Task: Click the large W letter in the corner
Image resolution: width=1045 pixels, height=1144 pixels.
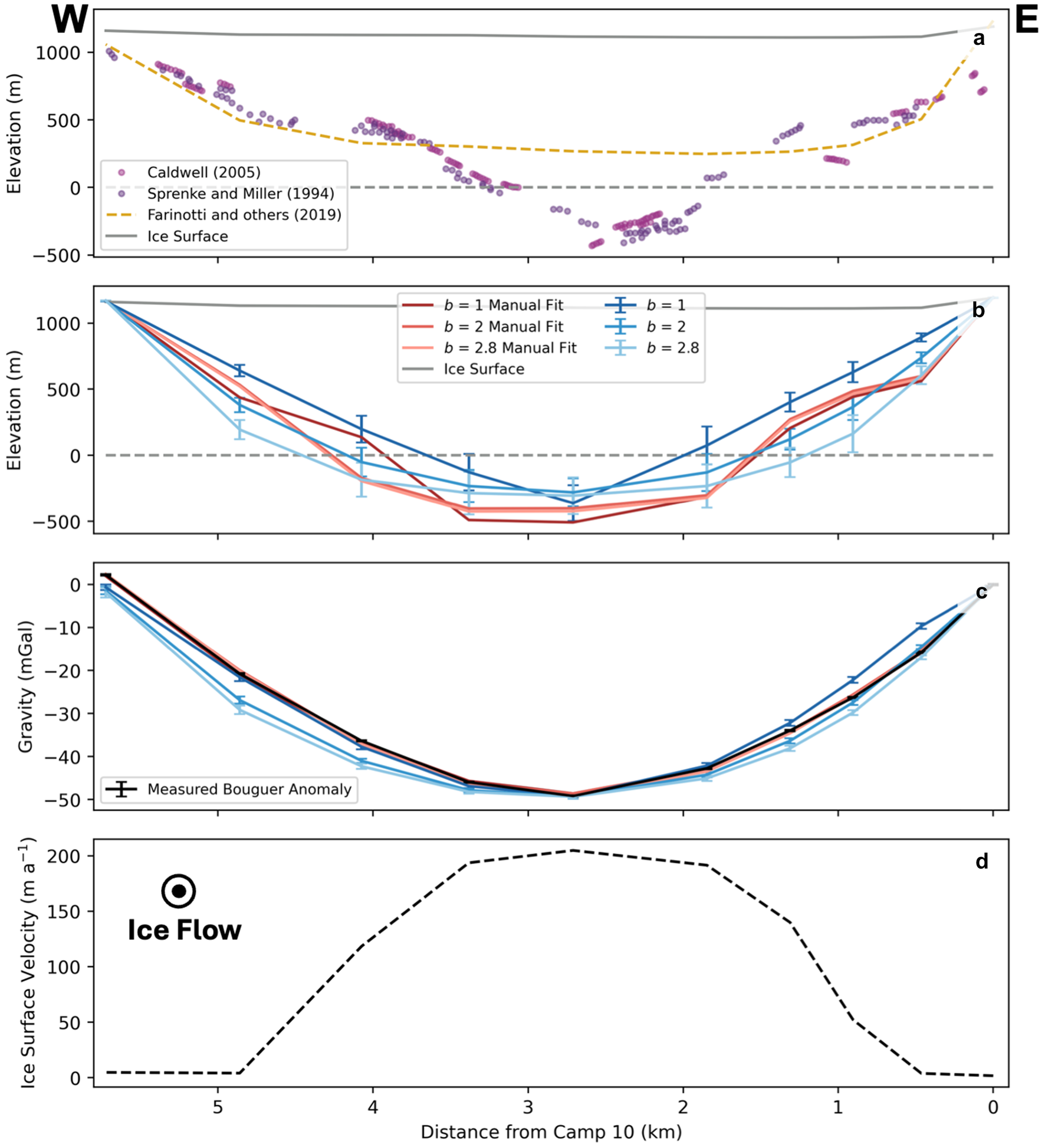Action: coord(70,19)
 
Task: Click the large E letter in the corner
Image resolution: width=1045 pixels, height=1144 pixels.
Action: coord(1027,21)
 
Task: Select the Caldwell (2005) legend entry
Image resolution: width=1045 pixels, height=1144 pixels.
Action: coord(203,172)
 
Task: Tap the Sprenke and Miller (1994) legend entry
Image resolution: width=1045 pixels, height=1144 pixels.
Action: coord(240,193)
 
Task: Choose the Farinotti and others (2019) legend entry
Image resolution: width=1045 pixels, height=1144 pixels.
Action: coord(244,215)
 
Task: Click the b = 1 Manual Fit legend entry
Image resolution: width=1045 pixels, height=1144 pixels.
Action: coord(503,305)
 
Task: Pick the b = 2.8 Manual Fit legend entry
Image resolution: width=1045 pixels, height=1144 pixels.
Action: coord(510,348)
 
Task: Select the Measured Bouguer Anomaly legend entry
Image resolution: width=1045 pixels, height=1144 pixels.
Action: coord(249,789)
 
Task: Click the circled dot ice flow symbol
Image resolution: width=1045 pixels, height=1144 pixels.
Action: coord(178,891)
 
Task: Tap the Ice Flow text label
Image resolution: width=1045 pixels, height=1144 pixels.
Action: coord(185,930)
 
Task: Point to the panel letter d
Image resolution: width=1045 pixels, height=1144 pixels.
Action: coord(981,862)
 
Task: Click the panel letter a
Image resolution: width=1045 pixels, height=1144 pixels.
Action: coord(979,39)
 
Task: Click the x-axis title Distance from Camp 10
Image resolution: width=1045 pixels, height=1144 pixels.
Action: coord(551,1132)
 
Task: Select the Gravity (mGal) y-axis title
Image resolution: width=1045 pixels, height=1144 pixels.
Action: coord(25,686)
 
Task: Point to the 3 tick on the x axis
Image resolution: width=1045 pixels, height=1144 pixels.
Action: coord(528,1107)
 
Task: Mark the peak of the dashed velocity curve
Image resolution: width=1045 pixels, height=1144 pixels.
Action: coord(571,850)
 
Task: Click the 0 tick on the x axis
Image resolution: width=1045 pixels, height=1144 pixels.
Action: coord(993,1107)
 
